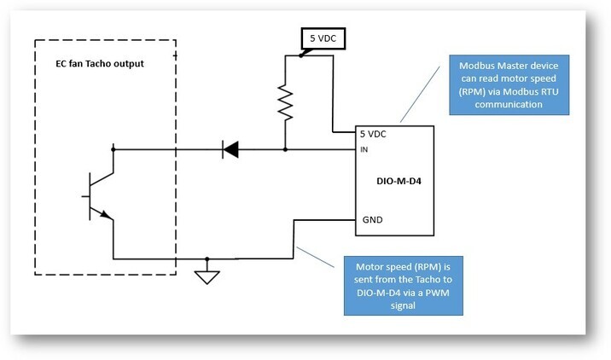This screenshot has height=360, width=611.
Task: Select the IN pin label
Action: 364,150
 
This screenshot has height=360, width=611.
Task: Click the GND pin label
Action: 372,219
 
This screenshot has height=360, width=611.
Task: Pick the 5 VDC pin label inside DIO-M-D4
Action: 375,134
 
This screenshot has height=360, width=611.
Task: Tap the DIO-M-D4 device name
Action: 399,182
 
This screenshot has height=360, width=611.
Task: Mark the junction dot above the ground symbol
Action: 207,258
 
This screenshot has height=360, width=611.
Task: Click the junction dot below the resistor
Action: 285,149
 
